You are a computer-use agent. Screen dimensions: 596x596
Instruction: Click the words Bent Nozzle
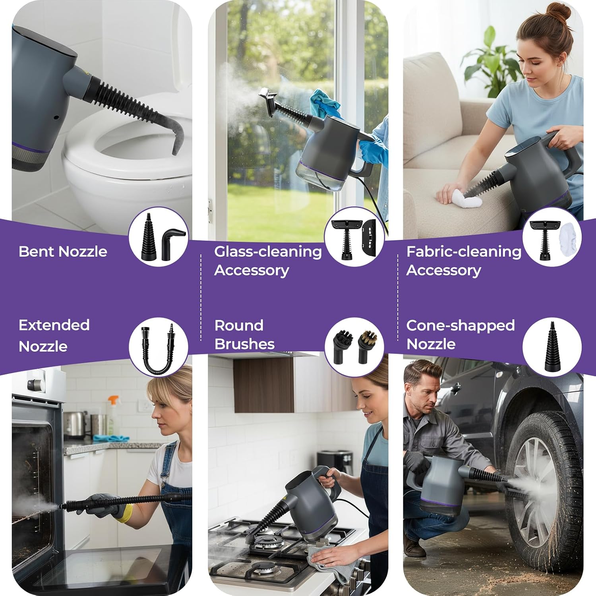pos(63,252)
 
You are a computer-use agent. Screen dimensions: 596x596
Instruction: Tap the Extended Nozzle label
pos(54,336)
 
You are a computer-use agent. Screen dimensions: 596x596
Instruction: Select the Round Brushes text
pos(244,335)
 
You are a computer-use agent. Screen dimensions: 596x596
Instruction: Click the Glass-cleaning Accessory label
pos(268,261)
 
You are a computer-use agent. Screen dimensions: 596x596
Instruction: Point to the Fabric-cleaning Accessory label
pos(464,261)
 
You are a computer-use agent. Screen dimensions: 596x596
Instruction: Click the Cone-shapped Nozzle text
pos(461,335)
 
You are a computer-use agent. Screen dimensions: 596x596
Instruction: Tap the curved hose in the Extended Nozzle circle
pos(158,350)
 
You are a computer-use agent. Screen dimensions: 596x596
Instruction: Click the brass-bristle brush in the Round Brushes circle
pos(367,346)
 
